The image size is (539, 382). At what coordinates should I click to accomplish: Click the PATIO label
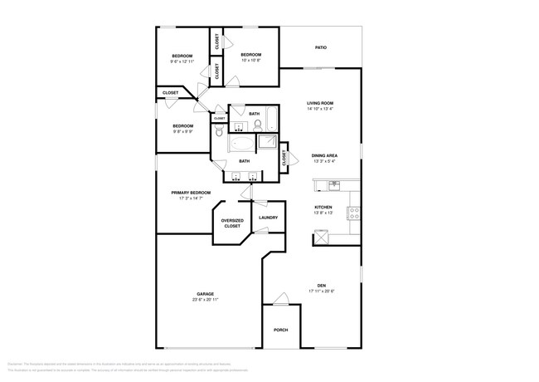tap(320, 47)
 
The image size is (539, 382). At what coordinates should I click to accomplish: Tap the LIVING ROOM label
tap(320, 103)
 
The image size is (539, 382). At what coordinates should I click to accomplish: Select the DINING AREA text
tap(323, 155)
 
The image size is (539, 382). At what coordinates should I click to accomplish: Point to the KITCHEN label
tap(323, 208)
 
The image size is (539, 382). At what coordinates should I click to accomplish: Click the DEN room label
tap(321, 285)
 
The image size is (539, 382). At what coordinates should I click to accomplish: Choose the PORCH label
tap(281, 330)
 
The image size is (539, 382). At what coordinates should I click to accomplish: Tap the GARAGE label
tap(206, 294)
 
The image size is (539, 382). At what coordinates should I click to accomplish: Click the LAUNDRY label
tap(268, 218)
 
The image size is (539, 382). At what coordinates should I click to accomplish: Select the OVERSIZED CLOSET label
tap(231, 223)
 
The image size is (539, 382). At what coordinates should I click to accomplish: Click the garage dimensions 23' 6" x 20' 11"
tap(206, 300)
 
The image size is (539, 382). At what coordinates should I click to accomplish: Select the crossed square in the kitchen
tap(320, 238)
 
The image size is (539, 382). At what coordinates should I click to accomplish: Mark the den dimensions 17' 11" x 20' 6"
tap(321, 291)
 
